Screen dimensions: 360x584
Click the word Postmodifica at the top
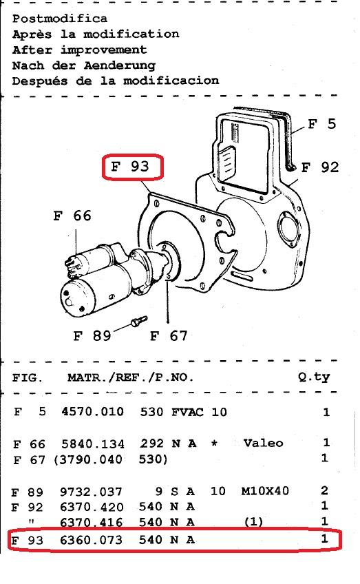click(60, 18)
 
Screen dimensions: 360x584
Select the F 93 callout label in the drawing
click(130, 166)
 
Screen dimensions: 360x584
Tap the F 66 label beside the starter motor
click(72, 216)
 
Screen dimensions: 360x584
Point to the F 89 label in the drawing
click(92, 335)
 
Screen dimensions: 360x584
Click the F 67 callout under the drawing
click(169, 335)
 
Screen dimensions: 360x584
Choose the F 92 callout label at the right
click(320, 167)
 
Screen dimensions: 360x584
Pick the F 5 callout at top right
click(322, 124)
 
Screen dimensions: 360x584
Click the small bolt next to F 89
click(139, 321)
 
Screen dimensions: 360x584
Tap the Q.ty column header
click(314, 377)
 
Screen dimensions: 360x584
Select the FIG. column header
click(27, 377)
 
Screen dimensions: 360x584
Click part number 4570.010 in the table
click(93, 412)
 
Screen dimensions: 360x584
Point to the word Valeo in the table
click(263, 443)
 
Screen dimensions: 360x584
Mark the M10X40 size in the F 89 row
click(265, 490)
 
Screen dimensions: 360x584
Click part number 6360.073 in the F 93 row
click(92, 540)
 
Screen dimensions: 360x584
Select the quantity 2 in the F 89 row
click(325, 490)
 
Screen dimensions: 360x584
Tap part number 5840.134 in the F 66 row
click(93, 444)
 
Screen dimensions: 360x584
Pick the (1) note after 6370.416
click(253, 521)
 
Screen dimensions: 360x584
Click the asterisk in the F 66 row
click(214, 443)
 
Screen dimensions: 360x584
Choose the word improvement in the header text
click(104, 50)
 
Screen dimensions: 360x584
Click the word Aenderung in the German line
click(120, 65)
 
